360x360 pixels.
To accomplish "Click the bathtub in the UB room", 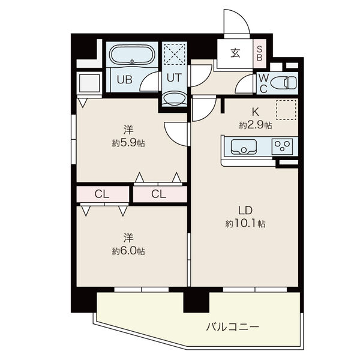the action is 131,55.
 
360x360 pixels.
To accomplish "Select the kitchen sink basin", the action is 244,147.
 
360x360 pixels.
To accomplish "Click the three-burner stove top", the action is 282,146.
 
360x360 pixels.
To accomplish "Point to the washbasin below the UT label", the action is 174,99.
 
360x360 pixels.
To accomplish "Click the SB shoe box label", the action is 259,53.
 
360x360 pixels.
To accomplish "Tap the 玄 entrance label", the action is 235,53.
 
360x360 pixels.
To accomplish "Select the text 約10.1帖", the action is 245,223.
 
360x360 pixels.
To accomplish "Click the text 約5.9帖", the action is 128,143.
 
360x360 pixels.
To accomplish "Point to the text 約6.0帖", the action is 128,251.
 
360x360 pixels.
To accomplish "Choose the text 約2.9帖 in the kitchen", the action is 256,125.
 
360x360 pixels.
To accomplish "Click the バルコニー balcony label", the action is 233,326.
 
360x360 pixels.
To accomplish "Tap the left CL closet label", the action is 102,194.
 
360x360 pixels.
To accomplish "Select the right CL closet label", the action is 158,194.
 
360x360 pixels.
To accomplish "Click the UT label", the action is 174,78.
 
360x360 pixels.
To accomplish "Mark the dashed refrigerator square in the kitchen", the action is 286,110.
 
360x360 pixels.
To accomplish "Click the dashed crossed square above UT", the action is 175,54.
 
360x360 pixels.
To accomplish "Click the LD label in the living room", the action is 245,211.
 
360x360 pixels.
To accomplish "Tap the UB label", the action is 125,79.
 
